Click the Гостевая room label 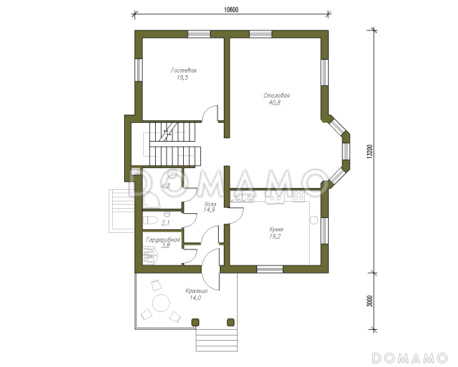(x=184, y=71)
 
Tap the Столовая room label (x=277, y=95)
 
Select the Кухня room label (x=276, y=229)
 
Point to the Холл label (x=210, y=204)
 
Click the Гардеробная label (x=163, y=240)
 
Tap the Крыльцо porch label (x=196, y=291)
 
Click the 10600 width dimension (x=231, y=10)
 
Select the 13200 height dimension (x=369, y=151)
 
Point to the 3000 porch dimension (x=369, y=301)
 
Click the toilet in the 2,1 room (x=151, y=220)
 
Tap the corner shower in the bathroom (x=151, y=200)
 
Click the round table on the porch (x=161, y=303)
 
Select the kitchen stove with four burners (x=298, y=195)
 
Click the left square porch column (x=195, y=322)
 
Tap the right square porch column (x=231, y=322)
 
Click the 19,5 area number (x=182, y=77)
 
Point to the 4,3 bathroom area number (x=165, y=186)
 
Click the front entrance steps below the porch (x=217, y=340)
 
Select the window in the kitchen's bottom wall (x=270, y=270)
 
